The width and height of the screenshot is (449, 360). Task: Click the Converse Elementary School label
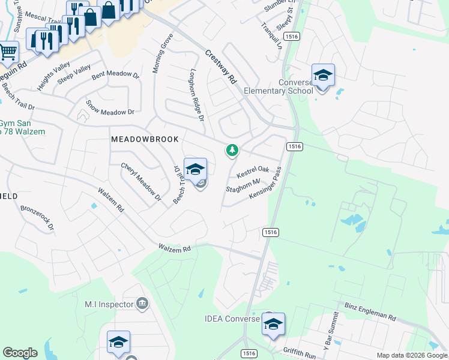[x=279, y=86]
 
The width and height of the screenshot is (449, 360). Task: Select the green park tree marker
[x=232, y=150]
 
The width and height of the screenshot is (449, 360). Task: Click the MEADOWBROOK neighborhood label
[x=145, y=139]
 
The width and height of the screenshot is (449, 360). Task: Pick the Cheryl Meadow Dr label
[x=142, y=181]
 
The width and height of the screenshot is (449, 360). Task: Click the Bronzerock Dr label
[x=37, y=219]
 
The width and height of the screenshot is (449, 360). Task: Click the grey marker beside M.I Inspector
[x=142, y=303]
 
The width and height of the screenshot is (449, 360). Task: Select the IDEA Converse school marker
[x=273, y=325]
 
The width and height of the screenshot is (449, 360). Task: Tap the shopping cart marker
[x=8, y=52]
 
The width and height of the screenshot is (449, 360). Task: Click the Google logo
[x=19, y=353]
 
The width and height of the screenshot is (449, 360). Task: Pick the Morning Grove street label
[x=162, y=54]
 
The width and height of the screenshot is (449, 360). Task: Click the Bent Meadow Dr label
[x=115, y=76]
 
